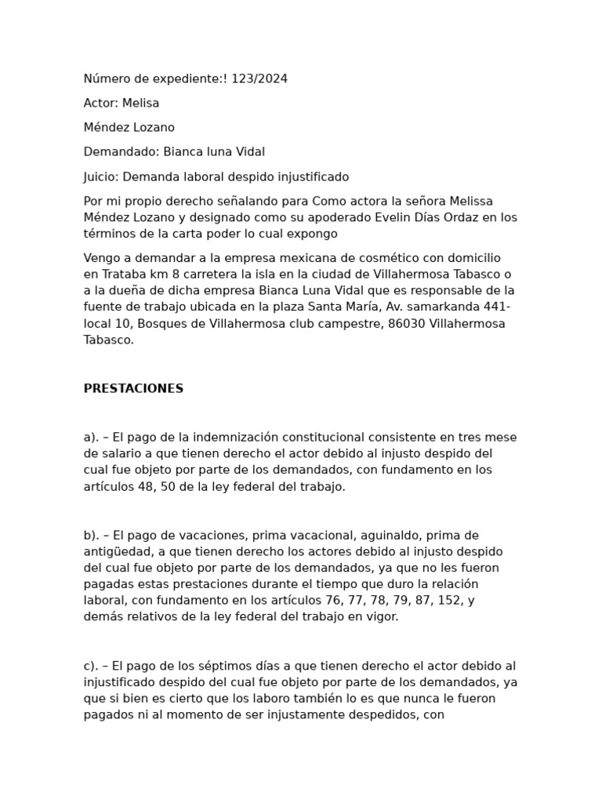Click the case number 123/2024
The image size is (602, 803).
259,78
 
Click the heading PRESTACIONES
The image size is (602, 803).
133,388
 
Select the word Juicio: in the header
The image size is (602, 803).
101,176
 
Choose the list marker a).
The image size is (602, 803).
90,437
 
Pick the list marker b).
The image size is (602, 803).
91,535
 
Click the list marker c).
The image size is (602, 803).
90,666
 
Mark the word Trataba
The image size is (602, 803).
120,274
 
